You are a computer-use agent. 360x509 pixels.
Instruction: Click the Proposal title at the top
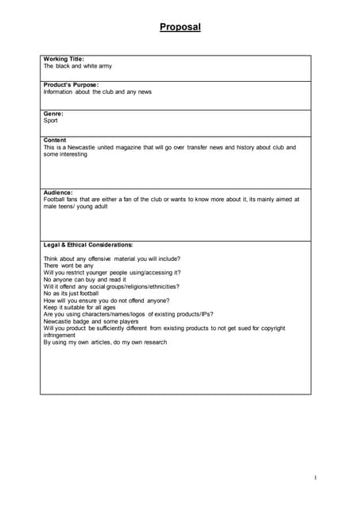180,27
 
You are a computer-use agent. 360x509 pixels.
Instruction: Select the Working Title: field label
64,59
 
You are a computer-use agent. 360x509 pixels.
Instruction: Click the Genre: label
54,114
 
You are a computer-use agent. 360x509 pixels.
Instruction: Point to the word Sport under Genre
51,121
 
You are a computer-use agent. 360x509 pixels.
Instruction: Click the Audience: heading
58,192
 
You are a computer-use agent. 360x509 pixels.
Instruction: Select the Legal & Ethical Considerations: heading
88,244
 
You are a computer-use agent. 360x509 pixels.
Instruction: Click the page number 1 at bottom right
315,477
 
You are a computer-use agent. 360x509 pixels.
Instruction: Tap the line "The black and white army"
78,67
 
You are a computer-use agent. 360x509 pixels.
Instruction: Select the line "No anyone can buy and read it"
85,280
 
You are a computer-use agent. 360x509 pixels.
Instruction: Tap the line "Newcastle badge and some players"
91,321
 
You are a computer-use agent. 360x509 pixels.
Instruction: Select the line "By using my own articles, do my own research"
105,342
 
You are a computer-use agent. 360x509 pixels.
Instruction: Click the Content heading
55,140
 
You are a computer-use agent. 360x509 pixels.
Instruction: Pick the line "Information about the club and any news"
98,92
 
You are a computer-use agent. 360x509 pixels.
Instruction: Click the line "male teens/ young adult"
75,206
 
